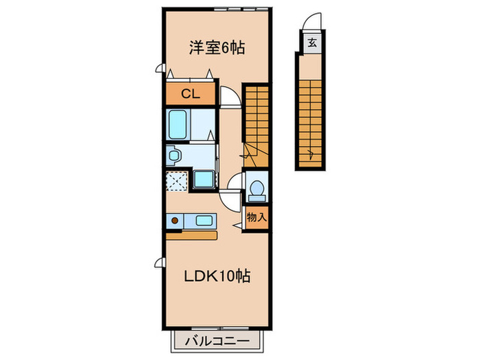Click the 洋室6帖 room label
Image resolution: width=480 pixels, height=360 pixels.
(217, 48)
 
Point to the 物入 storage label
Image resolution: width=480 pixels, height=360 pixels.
(256, 217)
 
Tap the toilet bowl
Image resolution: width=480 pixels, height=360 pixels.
(257, 189)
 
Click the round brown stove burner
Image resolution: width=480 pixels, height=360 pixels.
(175, 221)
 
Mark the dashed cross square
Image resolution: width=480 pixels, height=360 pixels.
(177, 181)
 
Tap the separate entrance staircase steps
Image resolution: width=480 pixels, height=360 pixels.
(312, 110)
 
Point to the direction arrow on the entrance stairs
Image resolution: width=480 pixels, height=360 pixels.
(312, 152)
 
